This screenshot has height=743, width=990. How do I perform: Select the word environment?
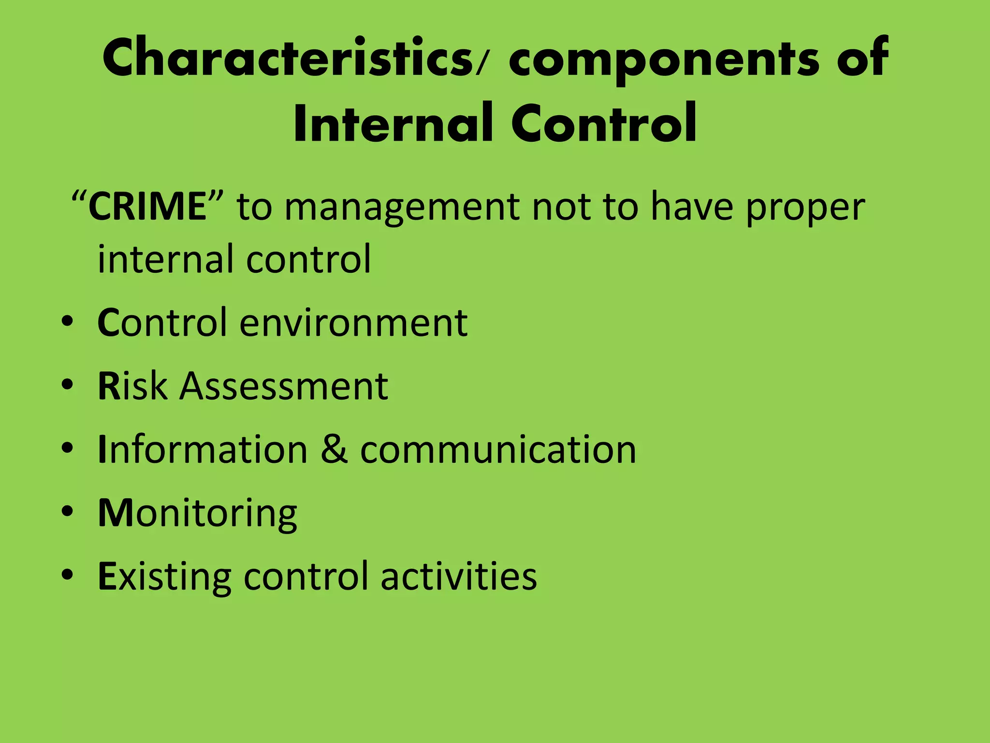[x=353, y=323]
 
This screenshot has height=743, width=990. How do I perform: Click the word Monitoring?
[x=197, y=514]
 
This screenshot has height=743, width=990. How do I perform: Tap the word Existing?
[x=164, y=577]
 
